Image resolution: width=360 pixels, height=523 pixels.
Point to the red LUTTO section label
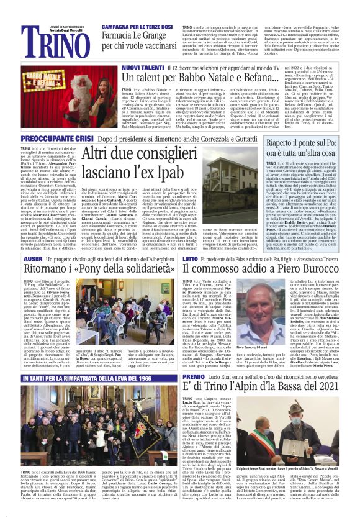[191, 256]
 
